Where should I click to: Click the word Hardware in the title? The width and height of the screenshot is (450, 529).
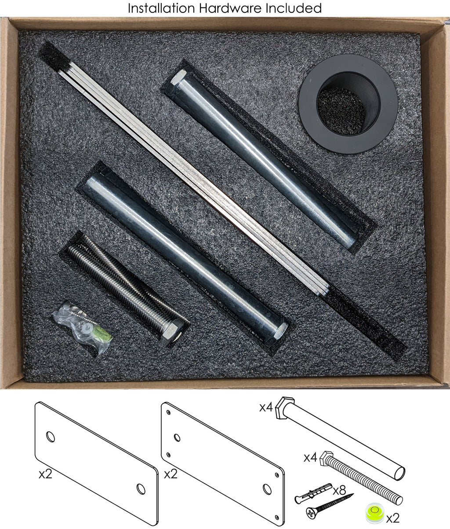230,8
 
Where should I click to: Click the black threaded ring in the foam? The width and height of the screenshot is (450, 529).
348,104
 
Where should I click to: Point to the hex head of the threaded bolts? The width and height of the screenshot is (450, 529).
171,333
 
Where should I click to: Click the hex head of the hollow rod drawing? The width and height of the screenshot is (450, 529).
285,408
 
